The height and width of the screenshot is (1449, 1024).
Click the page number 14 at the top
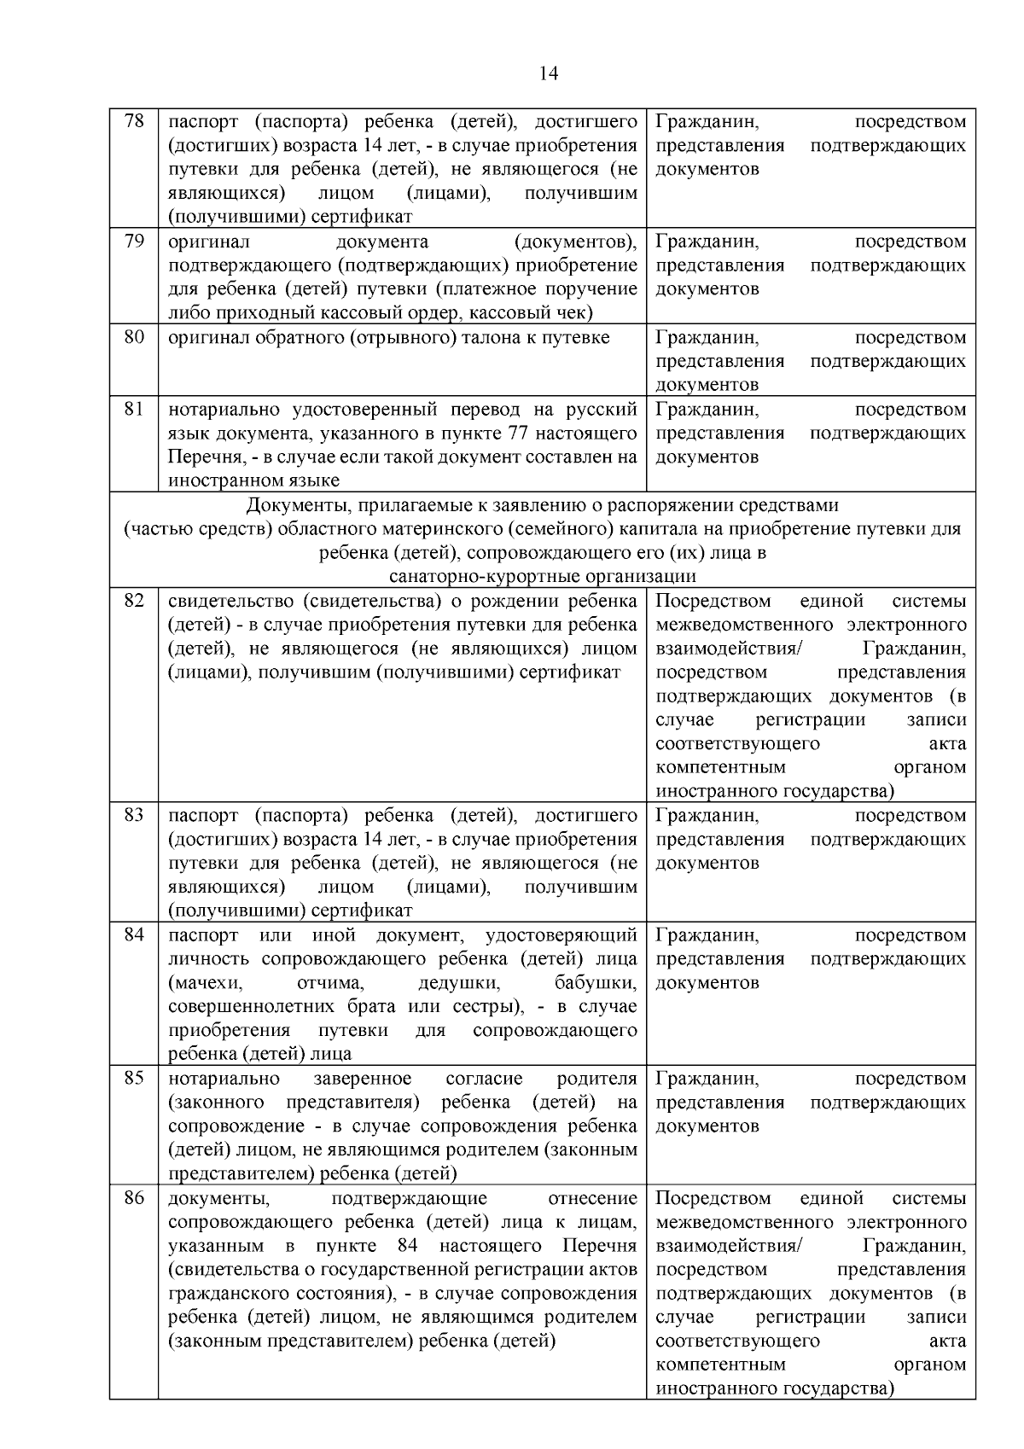pos(549,74)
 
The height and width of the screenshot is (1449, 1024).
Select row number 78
pos(134,121)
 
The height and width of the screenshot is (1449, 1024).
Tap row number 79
pos(134,241)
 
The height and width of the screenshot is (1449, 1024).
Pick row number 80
pos(134,337)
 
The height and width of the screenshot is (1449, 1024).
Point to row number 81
pos(134,409)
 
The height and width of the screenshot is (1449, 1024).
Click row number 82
pos(134,601)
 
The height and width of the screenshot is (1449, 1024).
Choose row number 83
pos(134,815)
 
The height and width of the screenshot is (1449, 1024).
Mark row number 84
pos(134,934)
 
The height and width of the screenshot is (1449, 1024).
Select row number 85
pos(134,1078)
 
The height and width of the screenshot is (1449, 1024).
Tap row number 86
pos(134,1198)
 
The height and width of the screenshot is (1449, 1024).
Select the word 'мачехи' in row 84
pos(206,983)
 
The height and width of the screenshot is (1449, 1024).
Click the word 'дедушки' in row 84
pos(458,983)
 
